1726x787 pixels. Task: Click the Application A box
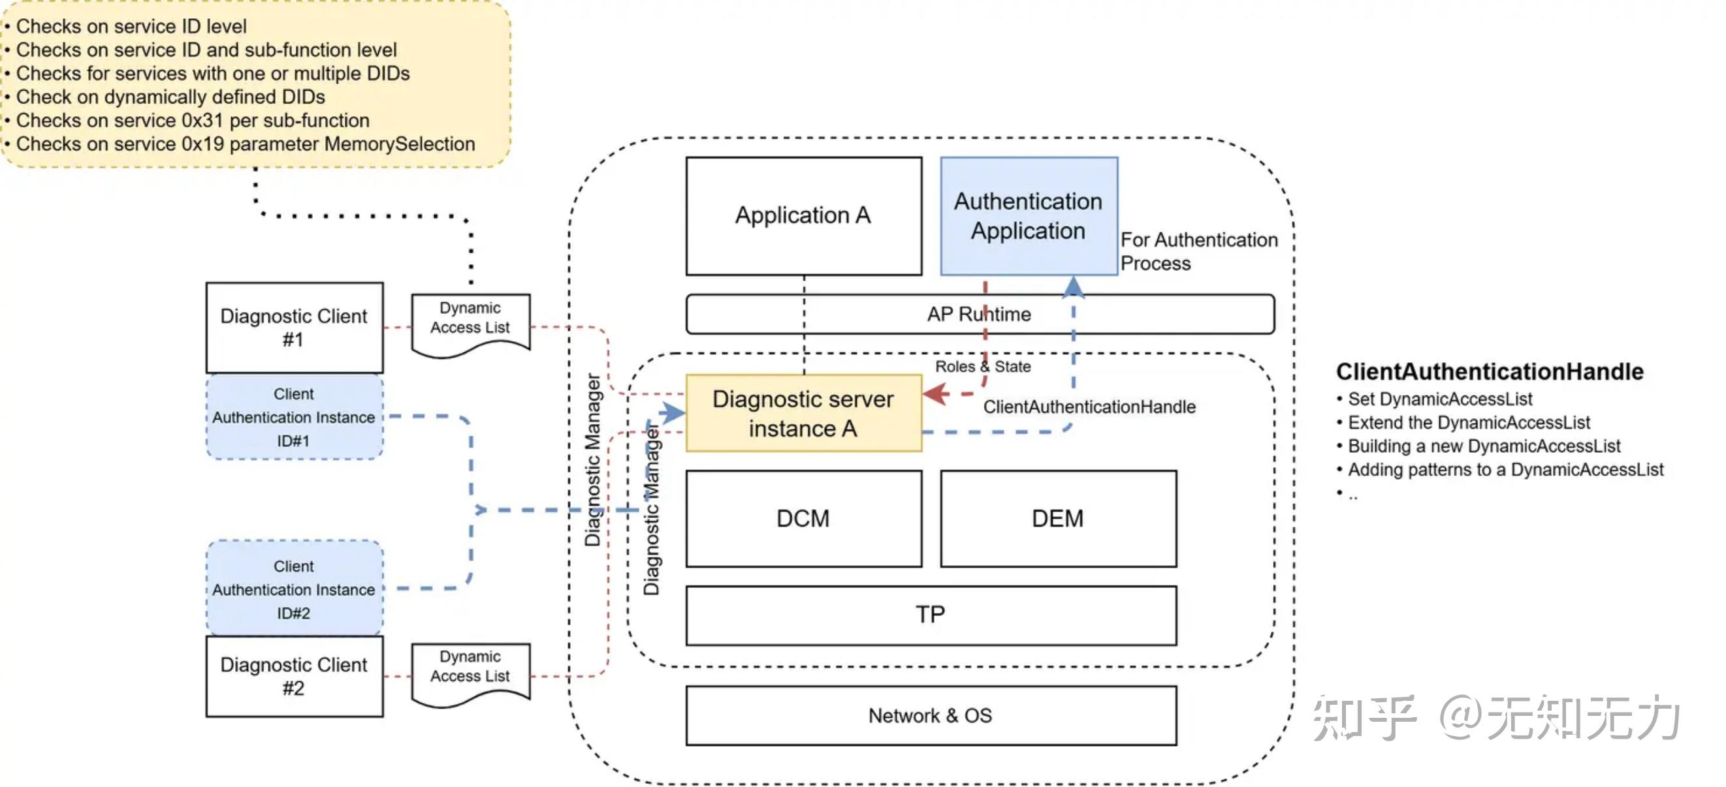pyautogui.click(x=803, y=215)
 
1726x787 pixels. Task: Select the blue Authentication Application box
pyautogui.click(x=1028, y=215)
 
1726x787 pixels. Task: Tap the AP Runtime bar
pyautogui.click(x=979, y=314)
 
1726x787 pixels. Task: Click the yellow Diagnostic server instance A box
pyautogui.click(x=803, y=413)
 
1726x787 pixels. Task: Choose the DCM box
pyautogui.click(x=803, y=518)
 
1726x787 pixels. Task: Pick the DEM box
pyautogui.click(x=1057, y=518)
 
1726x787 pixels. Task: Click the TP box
pyautogui.click(x=930, y=615)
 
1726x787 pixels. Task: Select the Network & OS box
pyautogui.click(x=930, y=715)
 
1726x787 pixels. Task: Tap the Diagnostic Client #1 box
pyautogui.click(x=294, y=328)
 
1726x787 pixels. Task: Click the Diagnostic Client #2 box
pyautogui.click(x=294, y=676)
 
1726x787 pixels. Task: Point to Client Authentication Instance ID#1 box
pyautogui.click(x=294, y=416)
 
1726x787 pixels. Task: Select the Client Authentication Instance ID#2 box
pyautogui.click(x=294, y=589)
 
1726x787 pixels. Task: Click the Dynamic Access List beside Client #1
pyautogui.click(x=470, y=322)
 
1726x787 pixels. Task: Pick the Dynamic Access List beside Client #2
pyautogui.click(x=470, y=670)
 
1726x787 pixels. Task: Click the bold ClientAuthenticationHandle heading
pyautogui.click(x=1489, y=372)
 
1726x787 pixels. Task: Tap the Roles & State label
pyautogui.click(x=982, y=366)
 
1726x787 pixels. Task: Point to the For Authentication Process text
pyautogui.click(x=1198, y=251)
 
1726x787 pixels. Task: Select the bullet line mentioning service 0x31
pyautogui.click(x=193, y=121)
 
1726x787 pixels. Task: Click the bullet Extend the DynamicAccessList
pyautogui.click(x=1469, y=423)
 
